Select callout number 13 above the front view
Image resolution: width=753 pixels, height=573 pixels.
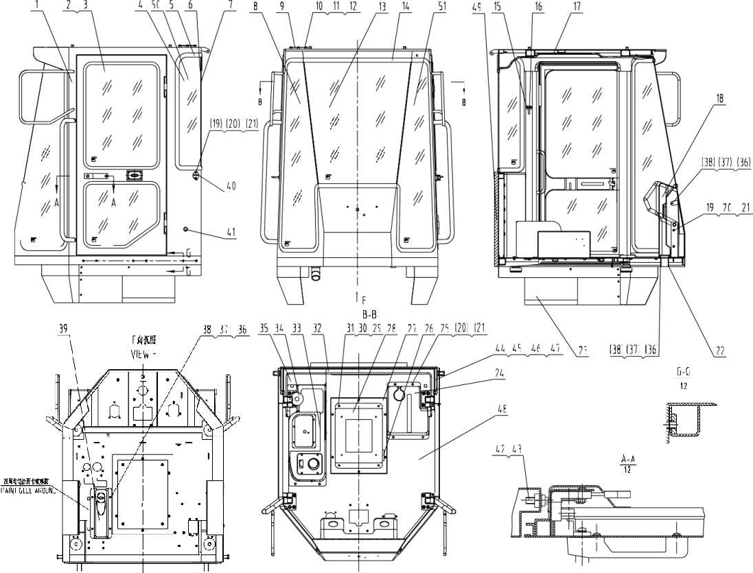pos(382,5)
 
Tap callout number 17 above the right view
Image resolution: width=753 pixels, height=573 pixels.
pos(577,5)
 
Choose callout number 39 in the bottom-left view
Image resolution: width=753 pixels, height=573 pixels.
pos(65,328)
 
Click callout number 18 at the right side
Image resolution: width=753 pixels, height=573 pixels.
pos(719,98)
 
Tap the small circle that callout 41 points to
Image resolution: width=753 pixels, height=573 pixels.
pos(185,229)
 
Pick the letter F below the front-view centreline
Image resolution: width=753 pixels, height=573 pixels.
pos(364,299)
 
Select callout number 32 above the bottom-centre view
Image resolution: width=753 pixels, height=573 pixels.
pos(317,328)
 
